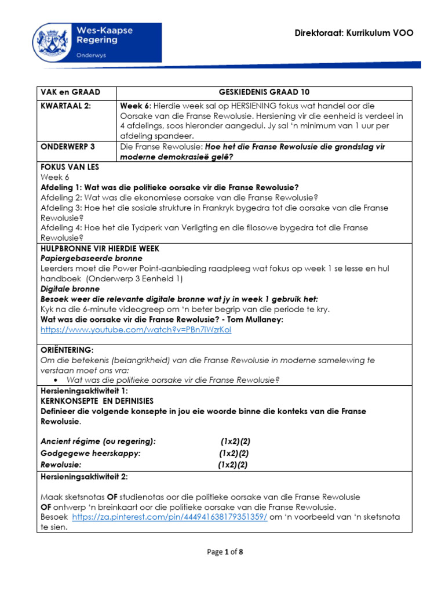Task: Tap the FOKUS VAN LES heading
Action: tap(70, 167)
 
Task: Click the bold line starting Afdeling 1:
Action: tap(170, 187)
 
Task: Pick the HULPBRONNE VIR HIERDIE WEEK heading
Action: tap(100, 248)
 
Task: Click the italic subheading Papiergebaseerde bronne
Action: tap(92, 258)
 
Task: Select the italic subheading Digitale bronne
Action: tap(70, 288)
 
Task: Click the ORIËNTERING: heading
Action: tap(67, 350)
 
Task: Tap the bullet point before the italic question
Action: tap(54, 380)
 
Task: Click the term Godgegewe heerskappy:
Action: tap(90, 453)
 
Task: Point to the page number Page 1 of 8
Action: tap(225, 552)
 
